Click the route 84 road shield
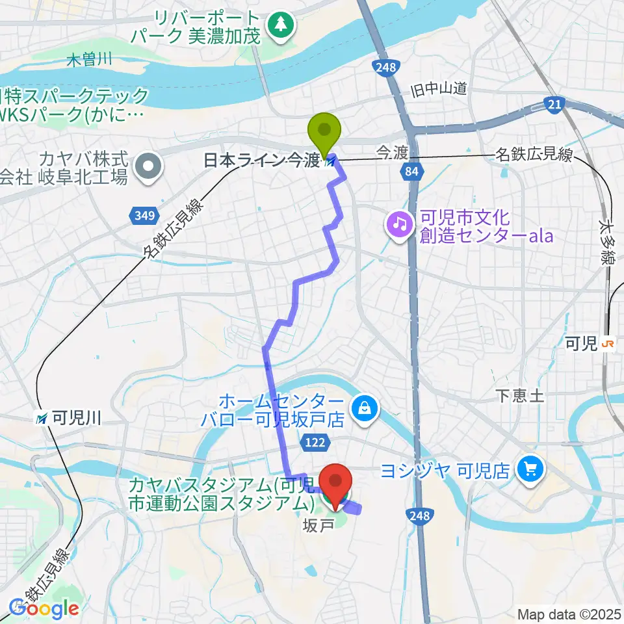[409, 171]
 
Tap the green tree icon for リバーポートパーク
[281, 25]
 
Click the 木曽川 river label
[90, 60]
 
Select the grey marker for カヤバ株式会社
[149, 167]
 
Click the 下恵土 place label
[519, 396]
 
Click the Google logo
[44, 608]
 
